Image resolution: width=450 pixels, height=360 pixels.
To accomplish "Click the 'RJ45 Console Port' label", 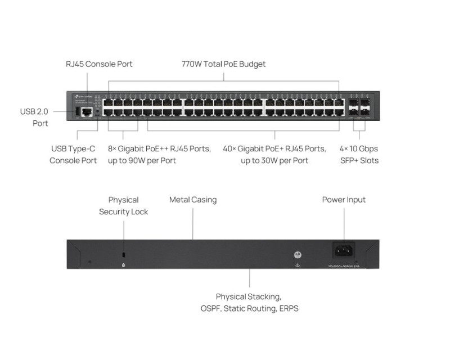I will point(99,64).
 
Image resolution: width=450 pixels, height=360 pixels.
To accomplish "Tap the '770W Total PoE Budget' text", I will point(223,64).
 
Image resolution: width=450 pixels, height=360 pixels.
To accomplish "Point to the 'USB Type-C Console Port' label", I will point(73,155).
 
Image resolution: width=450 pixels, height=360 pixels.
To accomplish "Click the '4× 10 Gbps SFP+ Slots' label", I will point(359,155).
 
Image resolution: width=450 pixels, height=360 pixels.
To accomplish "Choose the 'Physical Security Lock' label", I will point(123,206).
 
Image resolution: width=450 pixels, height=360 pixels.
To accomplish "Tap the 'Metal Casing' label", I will point(193,200).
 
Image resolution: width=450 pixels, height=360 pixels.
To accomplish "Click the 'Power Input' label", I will point(344,200).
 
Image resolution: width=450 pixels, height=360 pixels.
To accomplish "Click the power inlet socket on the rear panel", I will point(343,249).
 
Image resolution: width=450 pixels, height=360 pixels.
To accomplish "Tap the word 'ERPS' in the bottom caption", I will point(287,308).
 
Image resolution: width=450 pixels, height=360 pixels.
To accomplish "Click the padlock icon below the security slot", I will point(124,264).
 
